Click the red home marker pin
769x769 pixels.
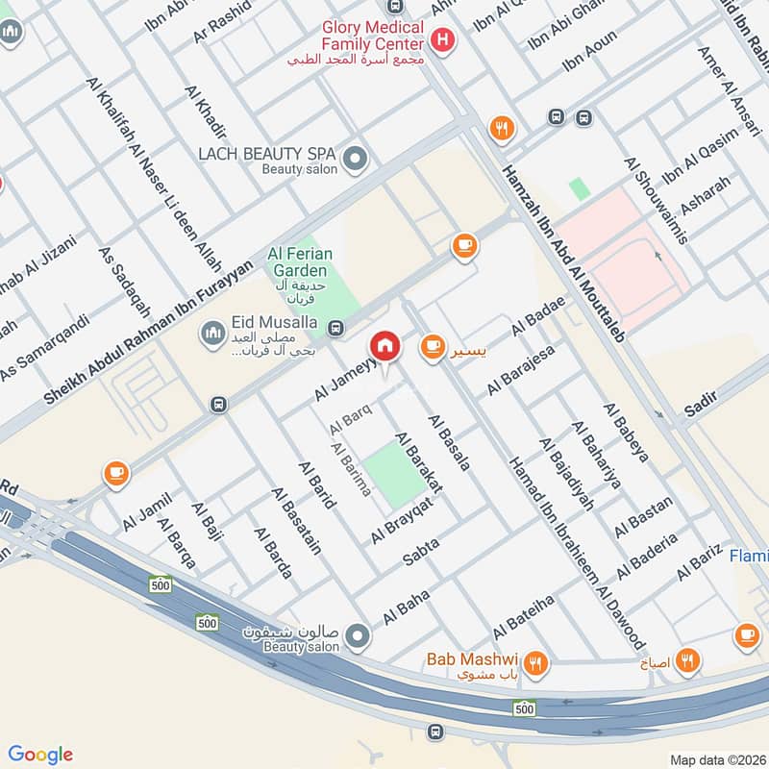pos(384,347)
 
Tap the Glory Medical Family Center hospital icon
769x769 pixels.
pos(442,39)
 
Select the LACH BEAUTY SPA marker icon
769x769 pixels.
pos(356,157)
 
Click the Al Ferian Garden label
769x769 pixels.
pos(300,261)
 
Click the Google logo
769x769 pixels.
pos(40,755)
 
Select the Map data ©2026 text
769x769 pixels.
pos(716,759)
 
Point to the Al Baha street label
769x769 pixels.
pos(405,610)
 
